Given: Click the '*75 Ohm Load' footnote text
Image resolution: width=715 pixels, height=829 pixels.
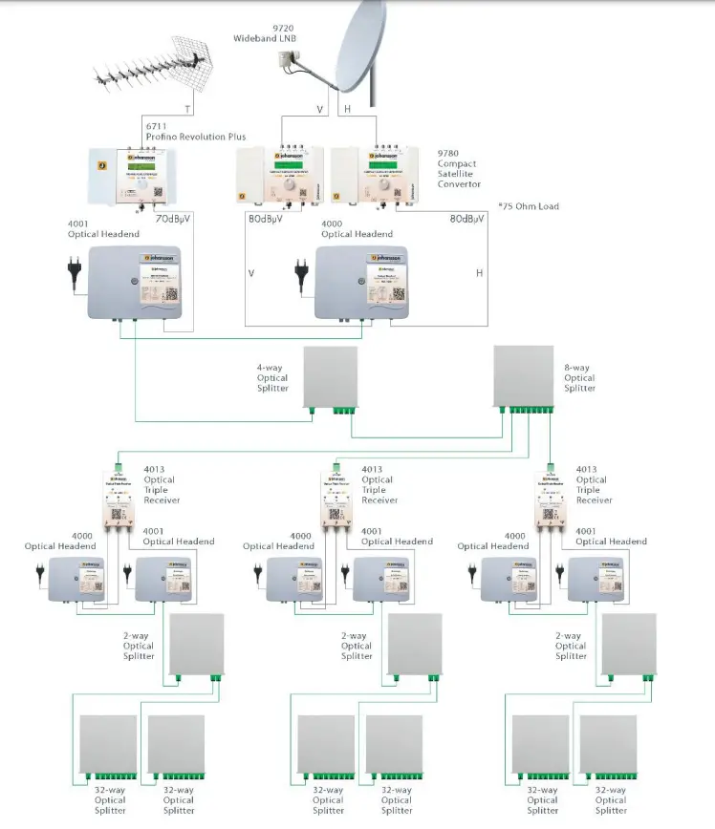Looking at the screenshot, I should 528,206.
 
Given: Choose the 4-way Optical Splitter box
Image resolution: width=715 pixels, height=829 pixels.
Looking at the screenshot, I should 330,377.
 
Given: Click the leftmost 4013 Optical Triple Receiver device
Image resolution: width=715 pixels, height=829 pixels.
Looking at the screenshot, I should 118,500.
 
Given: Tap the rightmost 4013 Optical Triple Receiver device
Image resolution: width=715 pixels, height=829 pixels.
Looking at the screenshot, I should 550,500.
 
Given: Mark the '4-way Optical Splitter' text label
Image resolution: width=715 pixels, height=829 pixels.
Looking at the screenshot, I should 272,378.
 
